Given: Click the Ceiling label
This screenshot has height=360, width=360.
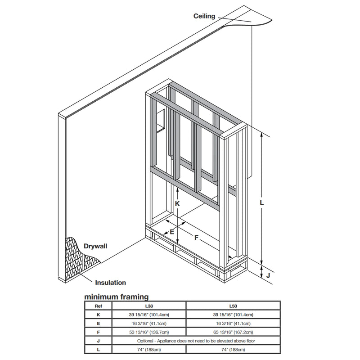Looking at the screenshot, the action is pyautogui.click(x=204, y=16).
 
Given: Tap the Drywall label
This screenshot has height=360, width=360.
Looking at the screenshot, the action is pyautogui.click(x=95, y=246).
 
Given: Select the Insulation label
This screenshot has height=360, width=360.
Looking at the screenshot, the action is pyautogui.click(x=110, y=283).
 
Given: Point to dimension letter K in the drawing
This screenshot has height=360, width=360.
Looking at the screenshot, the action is pyautogui.click(x=177, y=204).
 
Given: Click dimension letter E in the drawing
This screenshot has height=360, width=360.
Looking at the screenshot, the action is pyautogui.click(x=172, y=232).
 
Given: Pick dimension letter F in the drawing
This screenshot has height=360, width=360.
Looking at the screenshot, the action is pyautogui.click(x=196, y=238).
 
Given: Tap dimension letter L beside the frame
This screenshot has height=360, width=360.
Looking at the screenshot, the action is pyautogui.click(x=262, y=202).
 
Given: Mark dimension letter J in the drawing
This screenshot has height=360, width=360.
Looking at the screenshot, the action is pyautogui.click(x=268, y=275).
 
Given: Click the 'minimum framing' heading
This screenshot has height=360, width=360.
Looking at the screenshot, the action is pyautogui.click(x=117, y=297).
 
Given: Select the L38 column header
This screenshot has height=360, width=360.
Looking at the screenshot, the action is pyautogui.click(x=149, y=306).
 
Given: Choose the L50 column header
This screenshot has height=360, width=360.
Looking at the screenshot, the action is pyautogui.click(x=233, y=306).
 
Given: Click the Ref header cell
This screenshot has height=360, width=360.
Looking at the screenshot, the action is pyautogui.click(x=98, y=306).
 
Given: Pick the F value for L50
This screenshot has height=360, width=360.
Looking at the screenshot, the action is pyautogui.click(x=233, y=332).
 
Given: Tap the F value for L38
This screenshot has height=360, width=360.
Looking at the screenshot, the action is pyautogui.click(x=149, y=332).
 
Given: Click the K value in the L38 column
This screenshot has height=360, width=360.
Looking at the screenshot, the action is pyautogui.click(x=149, y=315).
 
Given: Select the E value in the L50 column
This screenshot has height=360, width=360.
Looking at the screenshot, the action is pyautogui.click(x=233, y=323).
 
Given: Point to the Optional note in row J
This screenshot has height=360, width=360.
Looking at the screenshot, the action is pyautogui.click(x=196, y=341).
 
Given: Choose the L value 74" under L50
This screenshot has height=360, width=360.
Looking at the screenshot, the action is pyautogui.click(x=233, y=350).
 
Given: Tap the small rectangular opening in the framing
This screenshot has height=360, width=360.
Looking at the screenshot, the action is pyautogui.click(x=161, y=121).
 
